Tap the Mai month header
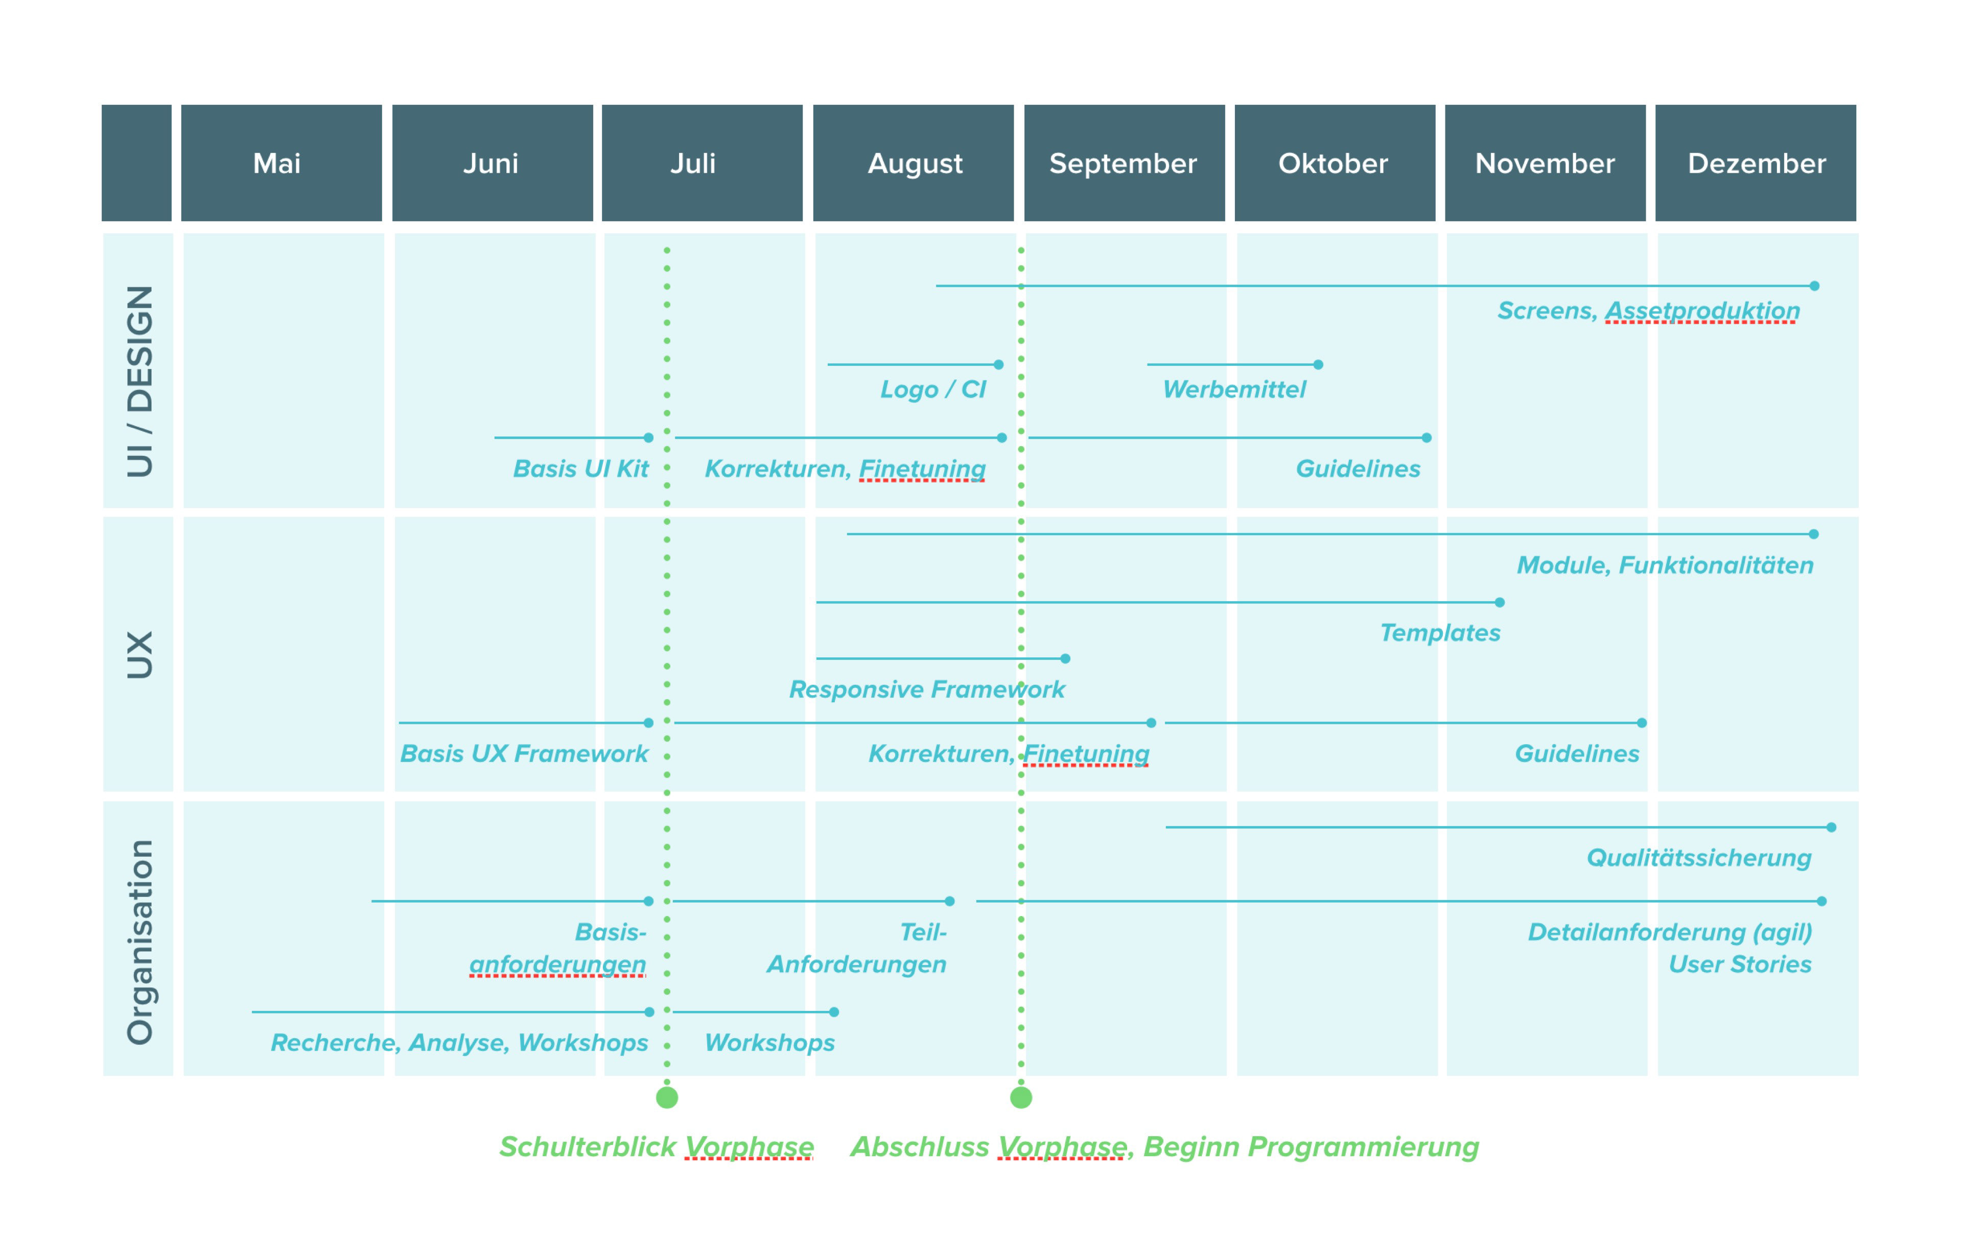(x=281, y=163)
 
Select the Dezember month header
(x=1756, y=163)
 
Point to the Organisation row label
(x=139, y=941)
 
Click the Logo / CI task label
(x=933, y=389)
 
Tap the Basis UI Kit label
(x=580, y=469)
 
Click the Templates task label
(x=1440, y=633)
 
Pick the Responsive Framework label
(x=926, y=689)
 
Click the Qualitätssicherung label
(x=1699, y=858)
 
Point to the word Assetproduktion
(x=1702, y=311)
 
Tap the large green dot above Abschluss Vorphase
(x=1021, y=1098)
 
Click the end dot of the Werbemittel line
(x=1318, y=364)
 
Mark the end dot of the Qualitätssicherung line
(x=1832, y=827)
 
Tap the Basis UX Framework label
(x=524, y=754)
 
